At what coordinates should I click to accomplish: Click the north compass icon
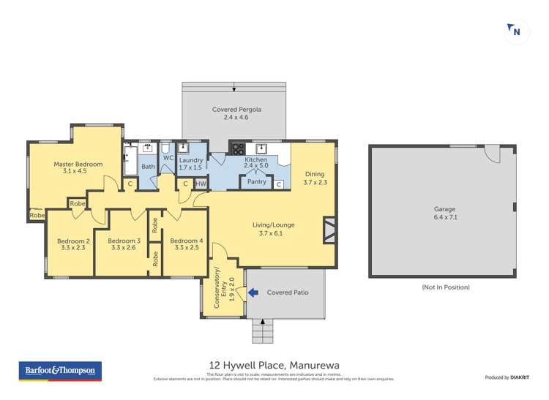[516, 31]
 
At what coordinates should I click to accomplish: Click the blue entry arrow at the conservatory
[253, 293]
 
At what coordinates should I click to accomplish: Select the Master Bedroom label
[78, 165]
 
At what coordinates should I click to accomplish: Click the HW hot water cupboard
[200, 184]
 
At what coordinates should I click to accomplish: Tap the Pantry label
[256, 182]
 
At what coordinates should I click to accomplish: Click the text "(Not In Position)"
[445, 287]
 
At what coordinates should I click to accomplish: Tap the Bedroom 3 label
[124, 241]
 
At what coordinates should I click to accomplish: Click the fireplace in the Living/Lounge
[329, 230]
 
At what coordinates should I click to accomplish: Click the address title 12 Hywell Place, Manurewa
[274, 365]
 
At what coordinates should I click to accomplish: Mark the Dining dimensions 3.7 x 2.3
[315, 183]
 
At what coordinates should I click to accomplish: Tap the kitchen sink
[260, 147]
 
